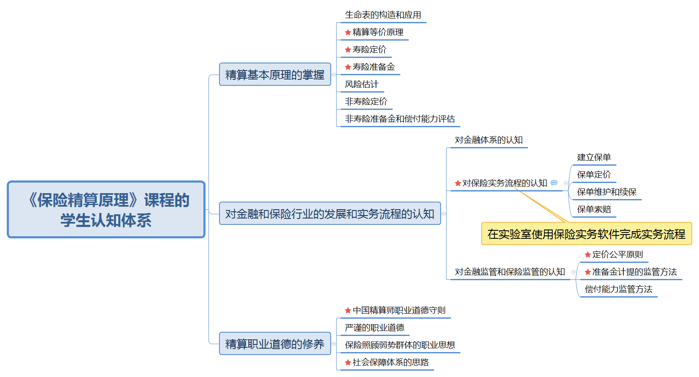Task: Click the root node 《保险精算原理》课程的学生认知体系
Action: pyautogui.click(x=106, y=210)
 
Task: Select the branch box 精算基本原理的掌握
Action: pyautogui.click(x=275, y=75)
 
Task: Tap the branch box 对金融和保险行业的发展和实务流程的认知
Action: pyautogui.click(x=330, y=214)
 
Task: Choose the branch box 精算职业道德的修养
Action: pyautogui.click(x=275, y=344)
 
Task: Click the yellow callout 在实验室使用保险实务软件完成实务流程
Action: pyautogui.click(x=586, y=234)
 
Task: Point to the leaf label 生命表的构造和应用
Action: pyautogui.click(x=383, y=15)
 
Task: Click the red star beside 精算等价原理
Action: pyautogui.click(x=348, y=33)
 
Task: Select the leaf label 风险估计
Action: pyautogui.click(x=362, y=85)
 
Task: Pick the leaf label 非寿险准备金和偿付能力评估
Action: pyautogui.click(x=400, y=119)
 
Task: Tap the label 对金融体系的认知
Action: pyautogui.click(x=489, y=140)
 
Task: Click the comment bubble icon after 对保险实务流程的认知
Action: pyautogui.click(x=554, y=183)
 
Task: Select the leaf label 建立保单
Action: pyautogui.click(x=594, y=158)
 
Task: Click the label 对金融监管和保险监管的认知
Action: pyautogui.click(x=510, y=272)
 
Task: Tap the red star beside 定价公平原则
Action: pyautogui.click(x=588, y=255)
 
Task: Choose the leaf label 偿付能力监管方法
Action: pyautogui.click(x=619, y=290)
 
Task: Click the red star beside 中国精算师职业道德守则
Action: pyautogui.click(x=348, y=311)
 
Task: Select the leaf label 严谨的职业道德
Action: pyautogui.click(x=375, y=328)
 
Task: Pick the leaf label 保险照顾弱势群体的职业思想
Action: pyautogui.click(x=400, y=345)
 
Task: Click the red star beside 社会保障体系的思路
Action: pyautogui.click(x=348, y=363)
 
